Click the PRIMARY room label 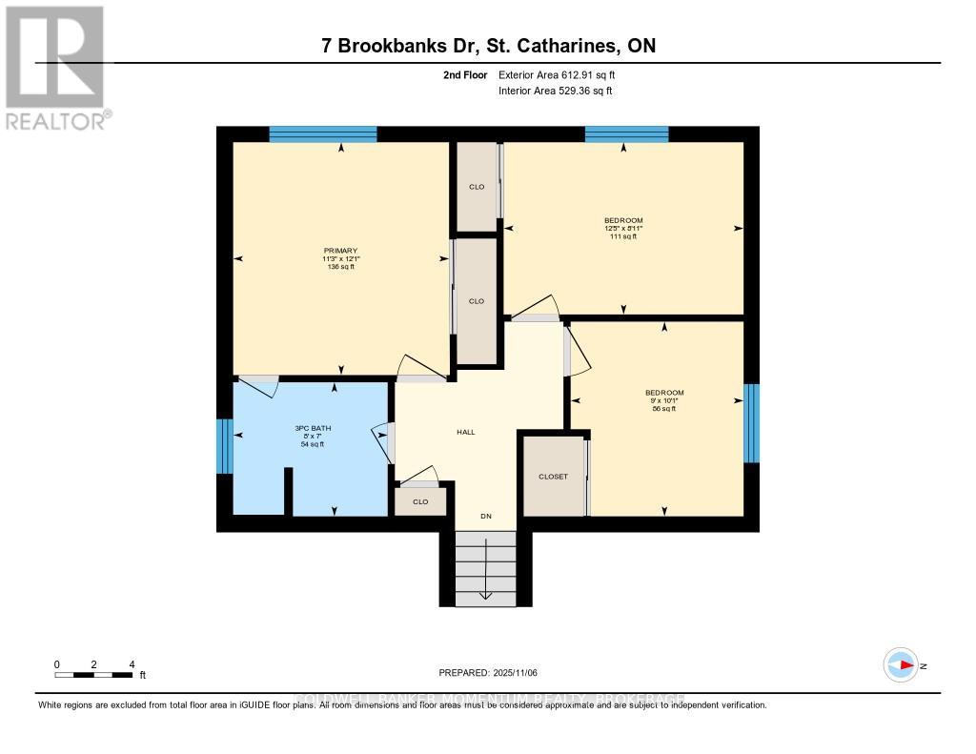339,251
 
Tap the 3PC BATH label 312,429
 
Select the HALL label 465,432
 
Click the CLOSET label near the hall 552,477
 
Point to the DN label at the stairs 485,516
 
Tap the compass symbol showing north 900,665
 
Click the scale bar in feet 93,675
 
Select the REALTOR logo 55,67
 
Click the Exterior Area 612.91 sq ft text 563,74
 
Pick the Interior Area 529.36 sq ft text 555,92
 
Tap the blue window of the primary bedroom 322,134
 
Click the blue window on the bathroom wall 224,446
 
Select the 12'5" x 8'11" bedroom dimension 623,229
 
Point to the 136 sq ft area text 339,267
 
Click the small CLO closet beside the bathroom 420,501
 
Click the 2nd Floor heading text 465,74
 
